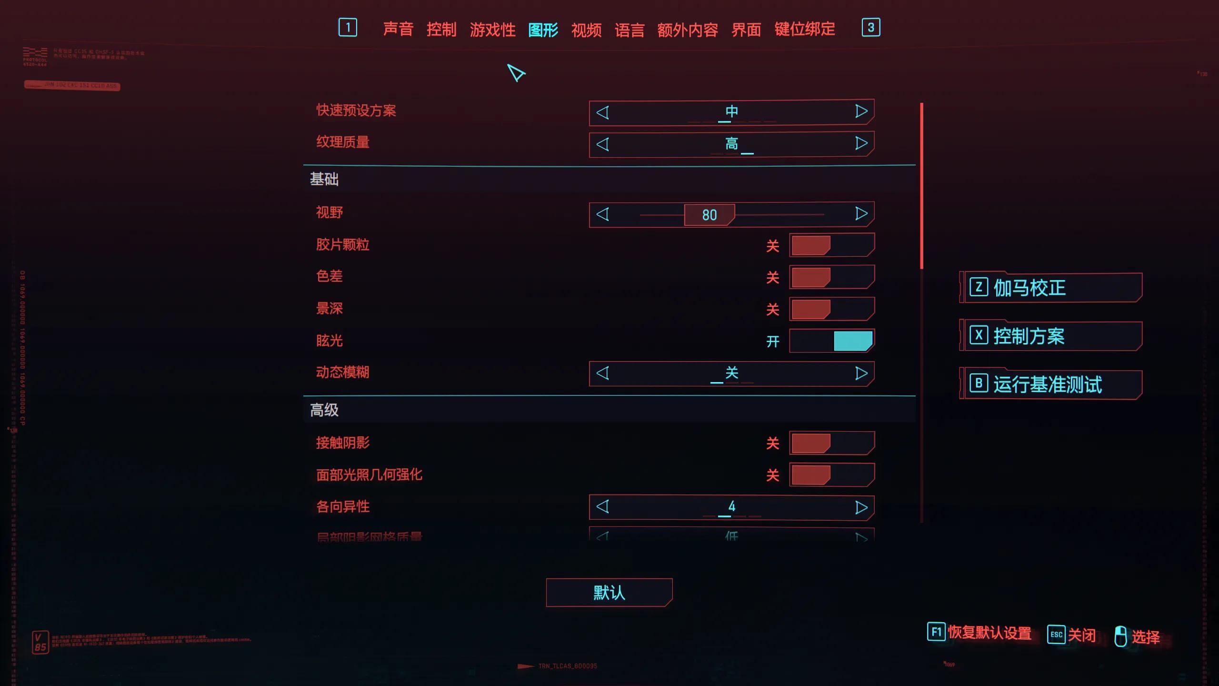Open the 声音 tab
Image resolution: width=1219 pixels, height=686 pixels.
(x=398, y=29)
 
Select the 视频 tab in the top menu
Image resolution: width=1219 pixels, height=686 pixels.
(x=586, y=30)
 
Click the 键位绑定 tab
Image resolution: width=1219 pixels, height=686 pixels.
(x=804, y=29)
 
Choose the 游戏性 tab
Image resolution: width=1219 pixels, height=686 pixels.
(x=492, y=30)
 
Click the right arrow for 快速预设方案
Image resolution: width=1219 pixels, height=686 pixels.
(x=861, y=111)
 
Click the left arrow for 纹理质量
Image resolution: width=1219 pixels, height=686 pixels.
(x=602, y=144)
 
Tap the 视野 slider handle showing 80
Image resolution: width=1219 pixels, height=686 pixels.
(x=709, y=215)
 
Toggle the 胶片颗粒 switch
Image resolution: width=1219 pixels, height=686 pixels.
(x=831, y=245)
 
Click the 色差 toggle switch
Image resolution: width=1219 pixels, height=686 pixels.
(x=831, y=277)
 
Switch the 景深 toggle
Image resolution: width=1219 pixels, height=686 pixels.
(x=831, y=309)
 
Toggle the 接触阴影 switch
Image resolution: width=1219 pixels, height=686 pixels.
(x=831, y=443)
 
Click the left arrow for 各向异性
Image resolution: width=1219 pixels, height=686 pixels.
(x=602, y=506)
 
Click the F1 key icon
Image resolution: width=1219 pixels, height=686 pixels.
(x=936, y=632)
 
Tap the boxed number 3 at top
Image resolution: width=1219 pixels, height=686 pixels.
(x=870, y=28)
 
